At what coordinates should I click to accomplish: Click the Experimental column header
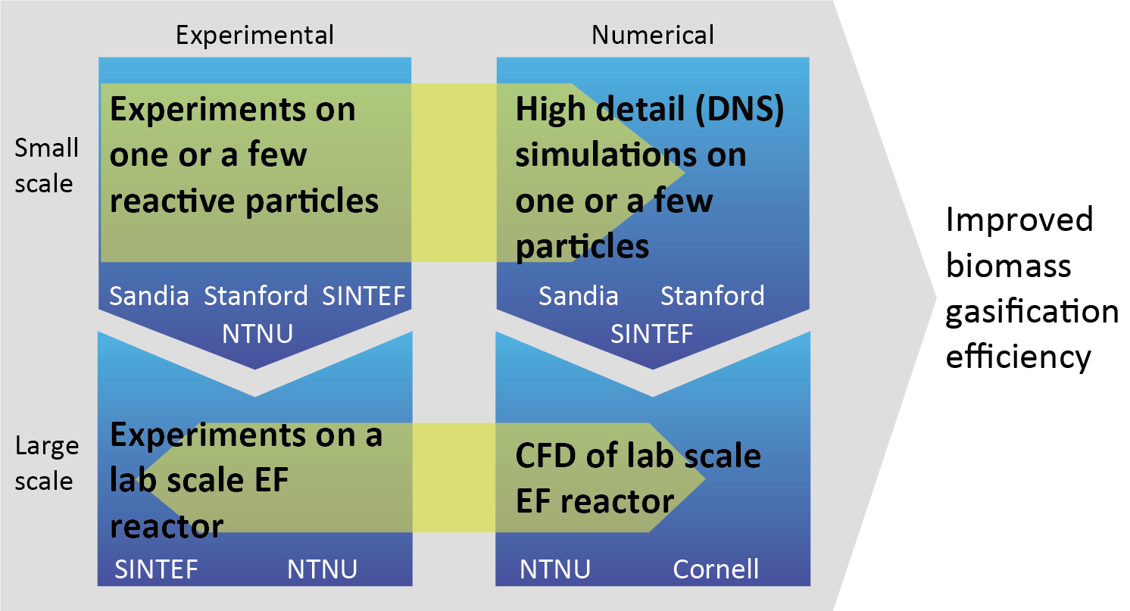pyautogui.click(x=254, y=35)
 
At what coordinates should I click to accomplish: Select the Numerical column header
pyautogui.click(x=652, y=35)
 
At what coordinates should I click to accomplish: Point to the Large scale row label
pyautogui.click(x=47, y=463)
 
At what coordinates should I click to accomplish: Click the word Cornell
pyautogui.click(x=716, y=568)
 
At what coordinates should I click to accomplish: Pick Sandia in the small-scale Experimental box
pyautogui.click(x=149, y=296)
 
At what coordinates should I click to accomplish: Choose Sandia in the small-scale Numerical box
pyautogui.click(x=579, y=296)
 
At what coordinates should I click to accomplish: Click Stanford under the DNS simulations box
pyautogui.click(x=713, y=296)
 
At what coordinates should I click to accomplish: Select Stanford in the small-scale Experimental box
pyautogui.click(x=256, y=296)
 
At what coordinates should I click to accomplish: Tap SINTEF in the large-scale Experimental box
pyautogui.click(x=157, y=569)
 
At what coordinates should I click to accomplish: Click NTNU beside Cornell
pyautogui.click(x=555, y=569)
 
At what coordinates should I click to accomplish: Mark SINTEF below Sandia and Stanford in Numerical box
pyautogui.click(x=652, y=333)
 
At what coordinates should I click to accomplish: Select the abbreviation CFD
pyautogui.click(x=544, y=457)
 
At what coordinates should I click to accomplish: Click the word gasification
pyautogui.click(x=1032, y=311)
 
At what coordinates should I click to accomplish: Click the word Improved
pyautogui.click(x=1019, y=220)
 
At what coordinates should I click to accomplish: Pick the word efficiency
pyautogui.click(x=1019, y=357)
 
